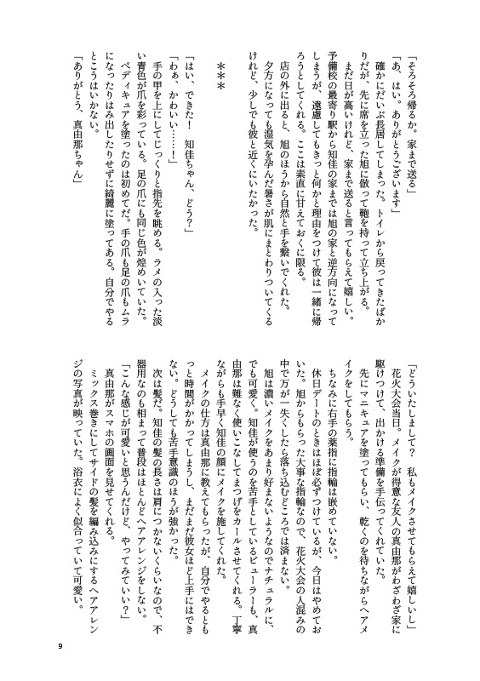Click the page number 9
tap(60, 646)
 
